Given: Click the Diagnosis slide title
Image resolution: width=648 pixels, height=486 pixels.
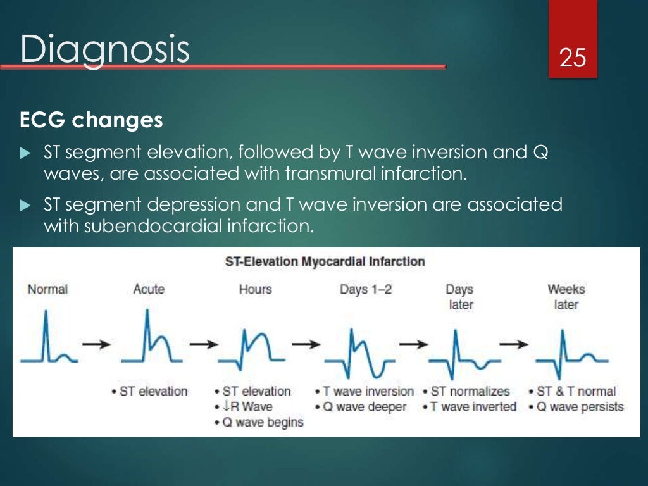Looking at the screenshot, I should tap(104, 50).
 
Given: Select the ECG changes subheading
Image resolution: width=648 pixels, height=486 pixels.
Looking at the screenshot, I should tap(91, 120).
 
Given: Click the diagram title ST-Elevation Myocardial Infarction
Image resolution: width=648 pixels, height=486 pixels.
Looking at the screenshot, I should tap(325, 261).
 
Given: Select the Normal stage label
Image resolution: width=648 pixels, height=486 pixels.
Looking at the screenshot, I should tap(47, 289).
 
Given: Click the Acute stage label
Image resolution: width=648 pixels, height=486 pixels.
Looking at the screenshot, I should tap(149, 289).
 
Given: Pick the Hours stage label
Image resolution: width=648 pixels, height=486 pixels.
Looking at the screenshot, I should tap(255, 289).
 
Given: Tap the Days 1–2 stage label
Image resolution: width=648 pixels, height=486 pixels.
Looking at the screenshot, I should tap(366, 289).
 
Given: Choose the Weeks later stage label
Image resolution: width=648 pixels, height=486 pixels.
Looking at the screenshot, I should tap(566, 297).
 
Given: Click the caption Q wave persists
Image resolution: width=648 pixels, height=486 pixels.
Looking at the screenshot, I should tap(580, 407).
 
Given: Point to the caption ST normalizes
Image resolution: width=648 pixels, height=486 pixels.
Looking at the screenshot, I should tap(470, 392).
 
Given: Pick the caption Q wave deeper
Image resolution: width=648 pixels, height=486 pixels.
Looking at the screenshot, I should tap(364, 407).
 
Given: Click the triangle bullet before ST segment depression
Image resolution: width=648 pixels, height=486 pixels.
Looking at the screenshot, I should tap(25, 206).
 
